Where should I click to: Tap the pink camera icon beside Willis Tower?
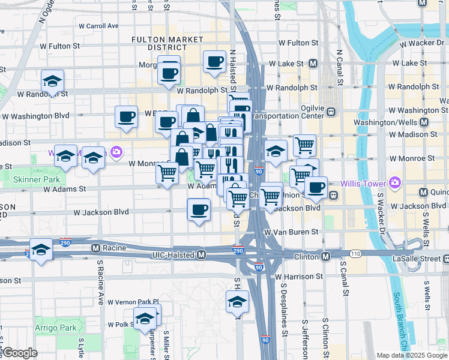[394, 182]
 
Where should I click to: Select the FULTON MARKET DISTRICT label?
[159, 43]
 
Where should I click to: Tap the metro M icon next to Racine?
[95, 248]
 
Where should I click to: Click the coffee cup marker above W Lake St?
[214, 61]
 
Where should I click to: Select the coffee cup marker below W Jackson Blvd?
[199, 210]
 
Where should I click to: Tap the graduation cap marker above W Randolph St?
[53, 82]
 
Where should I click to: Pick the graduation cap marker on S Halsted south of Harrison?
[238, 301]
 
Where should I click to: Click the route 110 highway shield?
[357, 254]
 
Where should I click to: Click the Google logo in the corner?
[20, 353]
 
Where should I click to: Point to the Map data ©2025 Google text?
[412, 355]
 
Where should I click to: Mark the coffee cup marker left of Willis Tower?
[316, 187]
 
